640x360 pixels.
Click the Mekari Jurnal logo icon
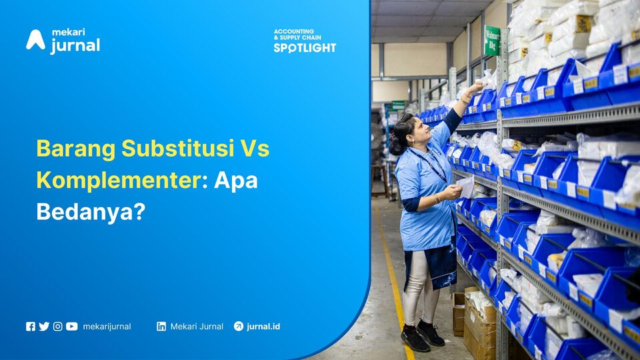[x=35, y=40]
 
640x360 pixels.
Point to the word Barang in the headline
[x=74, y=148]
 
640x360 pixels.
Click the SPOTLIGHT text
[x=305, y=48]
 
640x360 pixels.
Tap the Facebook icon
[x=31, y=327]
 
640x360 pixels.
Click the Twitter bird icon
[x=44, y=327]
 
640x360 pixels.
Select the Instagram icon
[x=58, y=327]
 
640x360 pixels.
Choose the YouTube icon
[x=72, y=327]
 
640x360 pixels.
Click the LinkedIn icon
[x=161, y=327]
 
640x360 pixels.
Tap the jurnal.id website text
[x=263, y=327]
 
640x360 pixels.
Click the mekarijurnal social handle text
[x=107, y=327]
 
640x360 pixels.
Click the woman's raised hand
[x=475, y=87]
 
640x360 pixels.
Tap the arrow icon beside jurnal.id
[x=239, y=327]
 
